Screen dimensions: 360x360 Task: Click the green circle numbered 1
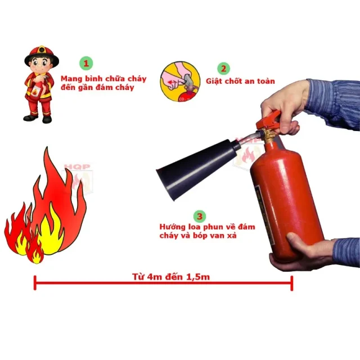tap(86, 62)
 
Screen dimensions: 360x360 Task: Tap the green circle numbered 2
tap(223, 69)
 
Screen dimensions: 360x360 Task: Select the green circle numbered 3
tap(199, 215)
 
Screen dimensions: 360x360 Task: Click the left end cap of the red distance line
tap(35, 283)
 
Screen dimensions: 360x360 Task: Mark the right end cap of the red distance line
tap(292, 283)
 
